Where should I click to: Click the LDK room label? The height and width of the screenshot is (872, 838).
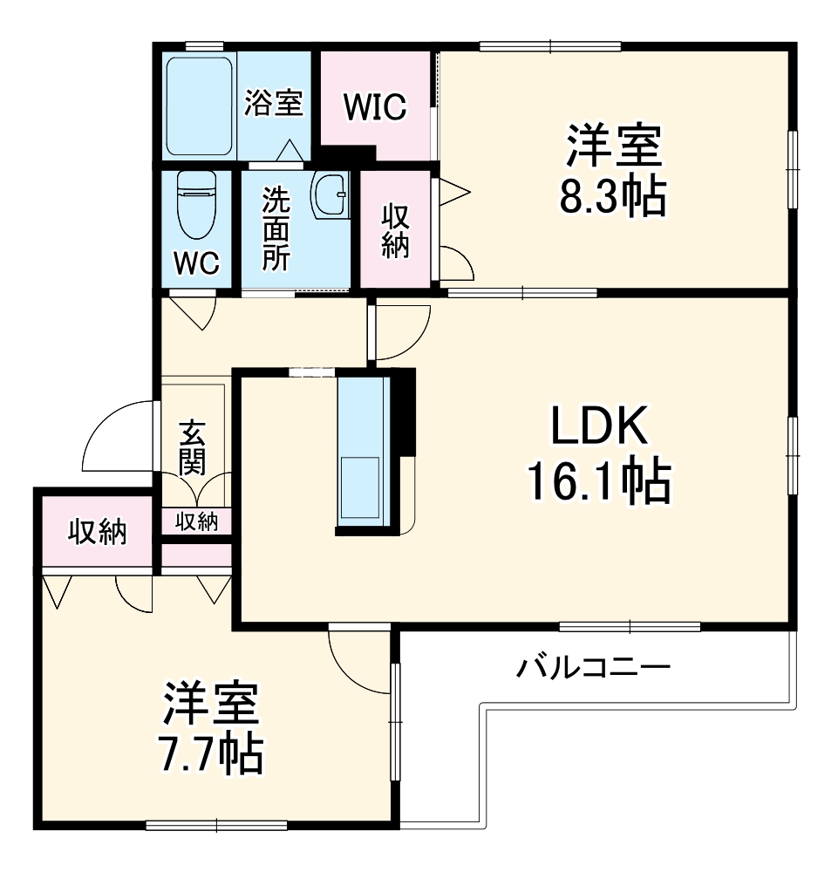point(597,428)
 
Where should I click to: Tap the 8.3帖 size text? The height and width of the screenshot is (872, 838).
point(612,197)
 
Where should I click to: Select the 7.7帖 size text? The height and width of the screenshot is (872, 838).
point(212,755)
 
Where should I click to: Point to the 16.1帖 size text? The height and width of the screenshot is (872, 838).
point(597,481)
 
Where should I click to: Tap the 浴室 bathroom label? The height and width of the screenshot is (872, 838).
point(273,103)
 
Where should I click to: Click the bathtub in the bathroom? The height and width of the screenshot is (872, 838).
point(199,106)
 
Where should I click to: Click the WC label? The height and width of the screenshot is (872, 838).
point(196,264)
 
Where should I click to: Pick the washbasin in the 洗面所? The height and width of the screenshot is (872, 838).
point(330,195)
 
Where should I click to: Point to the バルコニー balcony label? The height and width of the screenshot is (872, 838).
point(593,669)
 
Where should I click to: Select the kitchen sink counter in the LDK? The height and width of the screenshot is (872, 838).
point(360,449)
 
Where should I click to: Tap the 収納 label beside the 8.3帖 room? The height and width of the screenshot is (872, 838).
point(395,229)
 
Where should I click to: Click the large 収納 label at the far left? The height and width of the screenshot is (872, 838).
point(98,531)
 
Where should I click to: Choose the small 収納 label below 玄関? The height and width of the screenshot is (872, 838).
point(196,521)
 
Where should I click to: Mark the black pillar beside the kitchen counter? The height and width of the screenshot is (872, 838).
point(404,410)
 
